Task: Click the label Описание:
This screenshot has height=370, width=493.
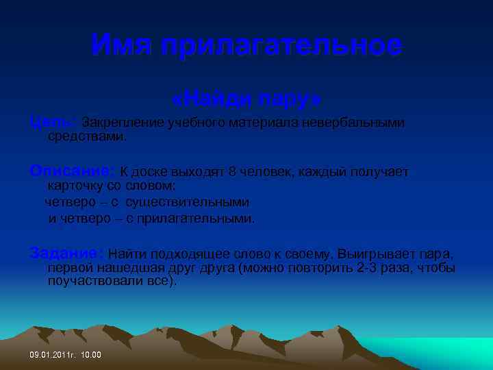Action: click(x=73, y=171)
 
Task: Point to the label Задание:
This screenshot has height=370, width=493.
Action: click(x=67, y=254)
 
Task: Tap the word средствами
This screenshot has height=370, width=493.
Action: click(x=86, y=136)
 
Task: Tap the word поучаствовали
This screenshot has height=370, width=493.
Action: click(x=92, y=281)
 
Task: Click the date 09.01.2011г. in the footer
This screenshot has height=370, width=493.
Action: click(x=53, y=355)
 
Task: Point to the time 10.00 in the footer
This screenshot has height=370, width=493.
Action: click(x=91, y=355)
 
